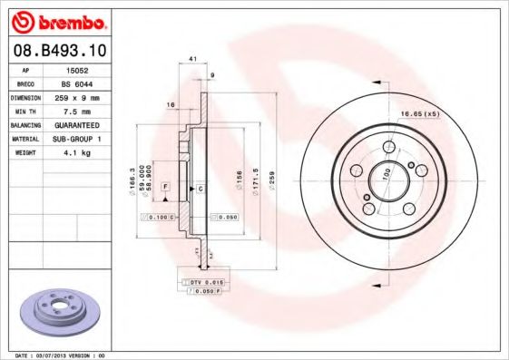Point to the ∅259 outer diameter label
pyautogui.click(x=272, y=173)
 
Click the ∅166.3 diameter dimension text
pyautogui.click(x=133, y=178)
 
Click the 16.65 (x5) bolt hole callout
pyautogui.click(x=420, y=114)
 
